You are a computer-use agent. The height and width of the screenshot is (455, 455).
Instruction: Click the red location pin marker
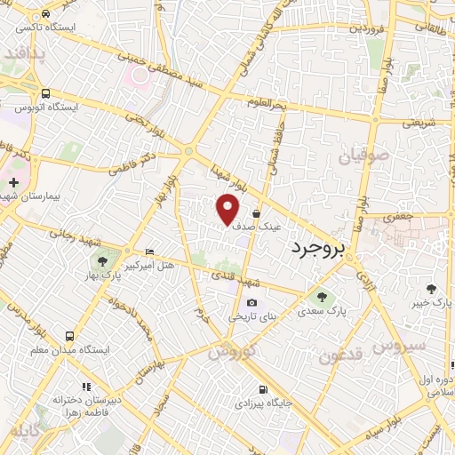tap(229, 208)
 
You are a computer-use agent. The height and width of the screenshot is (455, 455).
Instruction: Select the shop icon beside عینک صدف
tap(257, 213)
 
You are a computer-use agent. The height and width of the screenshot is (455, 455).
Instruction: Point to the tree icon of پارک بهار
tap(102, 261)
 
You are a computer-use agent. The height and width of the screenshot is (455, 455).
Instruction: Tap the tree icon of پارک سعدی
tap(321, 297)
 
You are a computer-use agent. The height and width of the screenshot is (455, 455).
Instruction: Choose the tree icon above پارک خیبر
tap(432, 289)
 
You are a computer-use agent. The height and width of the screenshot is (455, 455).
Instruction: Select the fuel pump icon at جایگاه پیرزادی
tap(261, 389)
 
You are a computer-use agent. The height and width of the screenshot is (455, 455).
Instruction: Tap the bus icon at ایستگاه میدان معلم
tap(69, 336)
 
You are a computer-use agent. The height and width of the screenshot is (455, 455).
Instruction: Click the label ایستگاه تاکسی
tap(52, 28)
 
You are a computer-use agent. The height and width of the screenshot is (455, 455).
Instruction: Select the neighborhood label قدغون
tap(340, 356)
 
